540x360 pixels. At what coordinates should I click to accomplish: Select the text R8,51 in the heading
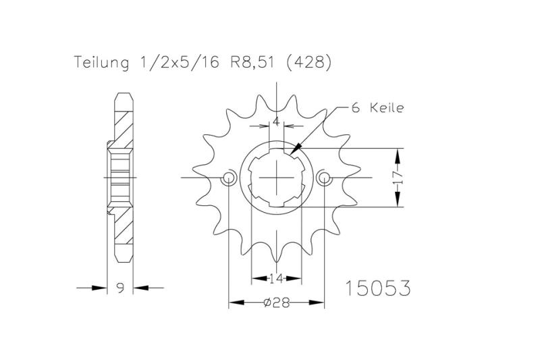click(x=250, y=63)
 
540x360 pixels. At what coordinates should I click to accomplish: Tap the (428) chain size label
click(x=308, y=63)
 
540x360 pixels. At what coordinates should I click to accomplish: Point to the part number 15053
click(x=377, y=288)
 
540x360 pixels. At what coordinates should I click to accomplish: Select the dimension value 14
click(x=277, y=277)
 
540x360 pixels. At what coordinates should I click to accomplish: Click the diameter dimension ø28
click(x=277, y=303)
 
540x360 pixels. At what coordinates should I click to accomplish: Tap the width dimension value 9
click(x=120, y=288)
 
